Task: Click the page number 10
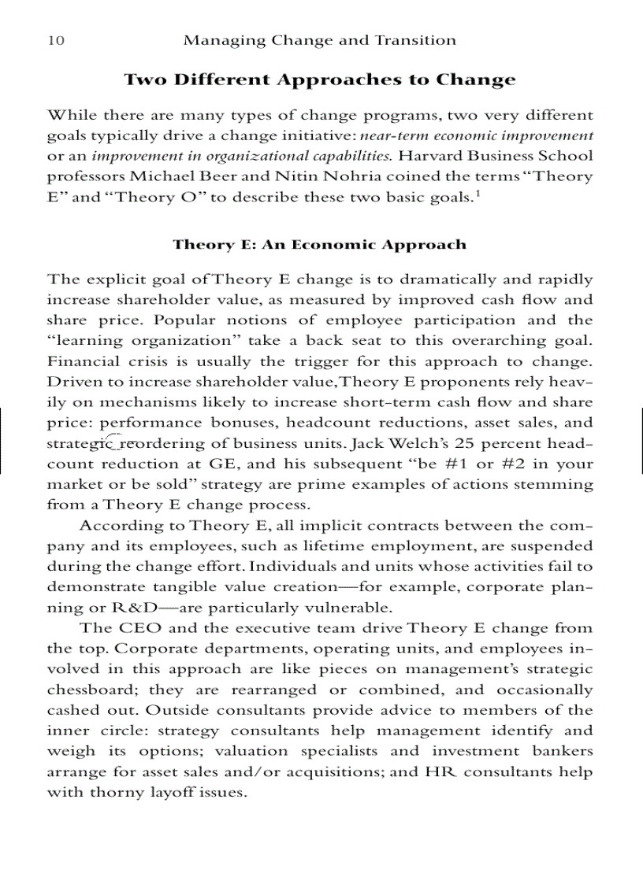56,40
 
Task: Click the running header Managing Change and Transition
319,40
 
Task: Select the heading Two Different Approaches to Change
320,80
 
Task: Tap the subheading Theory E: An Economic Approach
319,245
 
